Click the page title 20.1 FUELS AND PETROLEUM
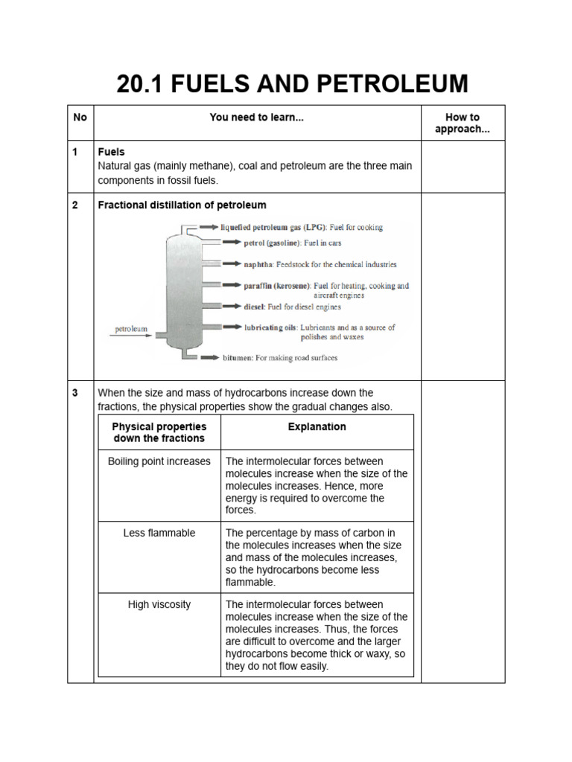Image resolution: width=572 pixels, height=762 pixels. tap(292, 84)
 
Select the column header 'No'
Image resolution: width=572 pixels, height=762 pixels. tap(80, 118)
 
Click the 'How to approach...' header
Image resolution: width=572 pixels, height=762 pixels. tap(462, 124)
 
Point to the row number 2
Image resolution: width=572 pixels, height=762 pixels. tap(75, 205)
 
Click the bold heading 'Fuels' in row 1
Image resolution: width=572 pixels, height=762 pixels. tap(111, 152)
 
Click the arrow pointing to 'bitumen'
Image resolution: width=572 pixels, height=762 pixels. tap(209, 358)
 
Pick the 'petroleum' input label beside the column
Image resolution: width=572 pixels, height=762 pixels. tap(131, 329)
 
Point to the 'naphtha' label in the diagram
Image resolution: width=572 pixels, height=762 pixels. tap(258, 264)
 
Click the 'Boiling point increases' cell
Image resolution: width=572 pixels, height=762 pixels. tap(159, 461)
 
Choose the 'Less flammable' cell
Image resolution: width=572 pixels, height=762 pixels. tap(159, 533)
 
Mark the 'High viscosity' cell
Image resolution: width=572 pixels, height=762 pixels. tap(159, 604)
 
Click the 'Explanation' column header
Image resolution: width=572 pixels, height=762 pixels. tap(317, 427)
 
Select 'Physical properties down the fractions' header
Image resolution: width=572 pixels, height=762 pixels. tap(159, 432)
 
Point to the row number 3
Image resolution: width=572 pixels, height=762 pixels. tap(75, 393)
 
